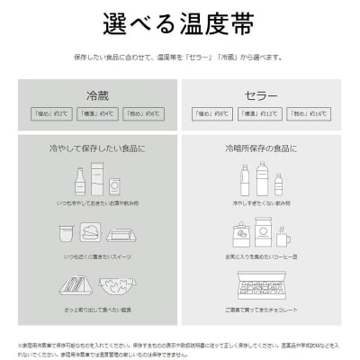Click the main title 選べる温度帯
click(x=180, y=21)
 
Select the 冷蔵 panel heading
click(x=96, y=95)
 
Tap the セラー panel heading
click(x=260, y=95)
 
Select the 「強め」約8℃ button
click(x=209, y=114)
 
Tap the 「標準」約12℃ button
click(x=260, y=114)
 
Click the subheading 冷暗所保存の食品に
click(x=260, y=146)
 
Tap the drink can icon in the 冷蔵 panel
click(x=115, y=185)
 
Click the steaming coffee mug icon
click(x=283, y=238)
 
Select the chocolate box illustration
click(x=260, y=289)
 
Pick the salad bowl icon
click(x=115, y=285)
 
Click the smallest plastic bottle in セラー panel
click(x=279, y=184)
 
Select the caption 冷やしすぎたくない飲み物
click(x=260, y=203)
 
